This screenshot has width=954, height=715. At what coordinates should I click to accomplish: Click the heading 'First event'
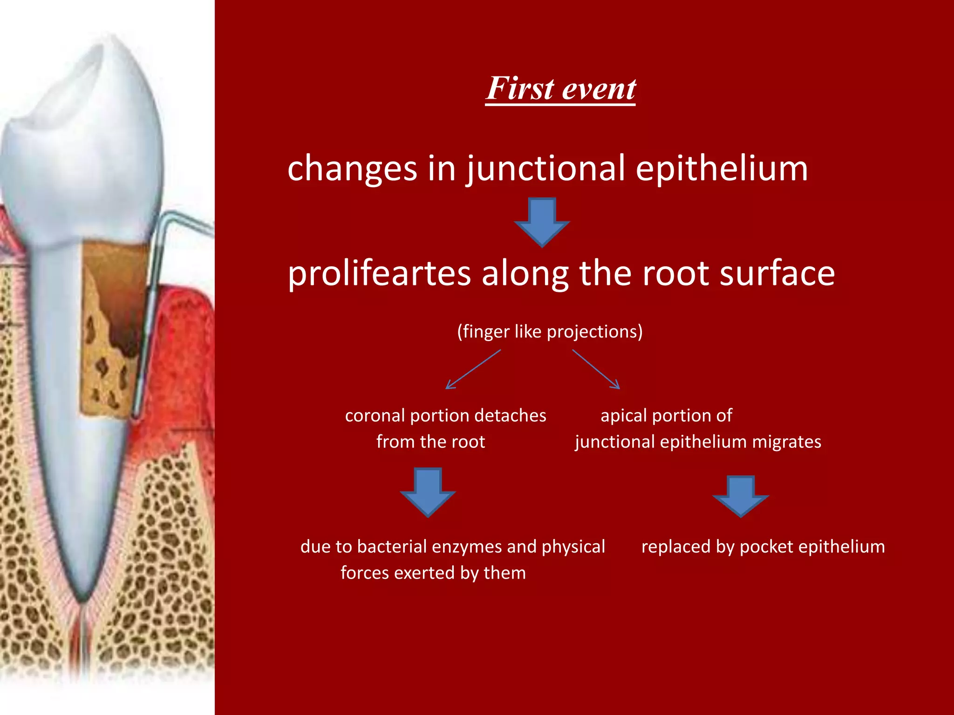(560, 88)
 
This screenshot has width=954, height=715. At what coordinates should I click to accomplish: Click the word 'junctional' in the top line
(546, 169)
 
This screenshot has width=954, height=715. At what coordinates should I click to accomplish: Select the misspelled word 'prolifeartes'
(379, 274)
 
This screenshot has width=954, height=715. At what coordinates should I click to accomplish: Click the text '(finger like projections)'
(550, 331)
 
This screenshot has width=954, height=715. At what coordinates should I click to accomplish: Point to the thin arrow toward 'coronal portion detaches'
(472, 370)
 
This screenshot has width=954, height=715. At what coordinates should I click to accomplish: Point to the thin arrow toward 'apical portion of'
(596, 370)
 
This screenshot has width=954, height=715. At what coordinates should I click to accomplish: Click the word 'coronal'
(375, 416)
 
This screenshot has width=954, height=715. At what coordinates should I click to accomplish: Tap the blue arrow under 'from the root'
(428, 492)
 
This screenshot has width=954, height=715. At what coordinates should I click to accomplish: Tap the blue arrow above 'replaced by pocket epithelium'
(740, 497)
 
